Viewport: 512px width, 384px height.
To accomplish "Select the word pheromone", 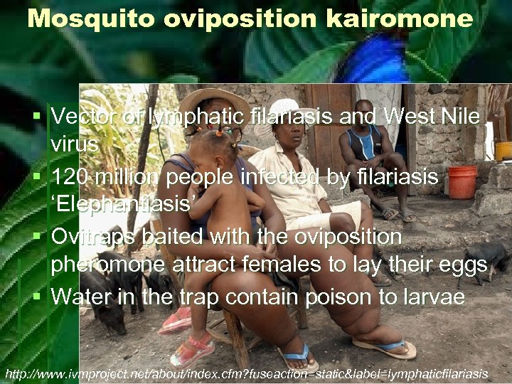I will pos(109,266).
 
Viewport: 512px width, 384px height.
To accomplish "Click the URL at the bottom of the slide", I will pos(246,373).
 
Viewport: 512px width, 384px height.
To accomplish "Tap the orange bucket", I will pos(462,182).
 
